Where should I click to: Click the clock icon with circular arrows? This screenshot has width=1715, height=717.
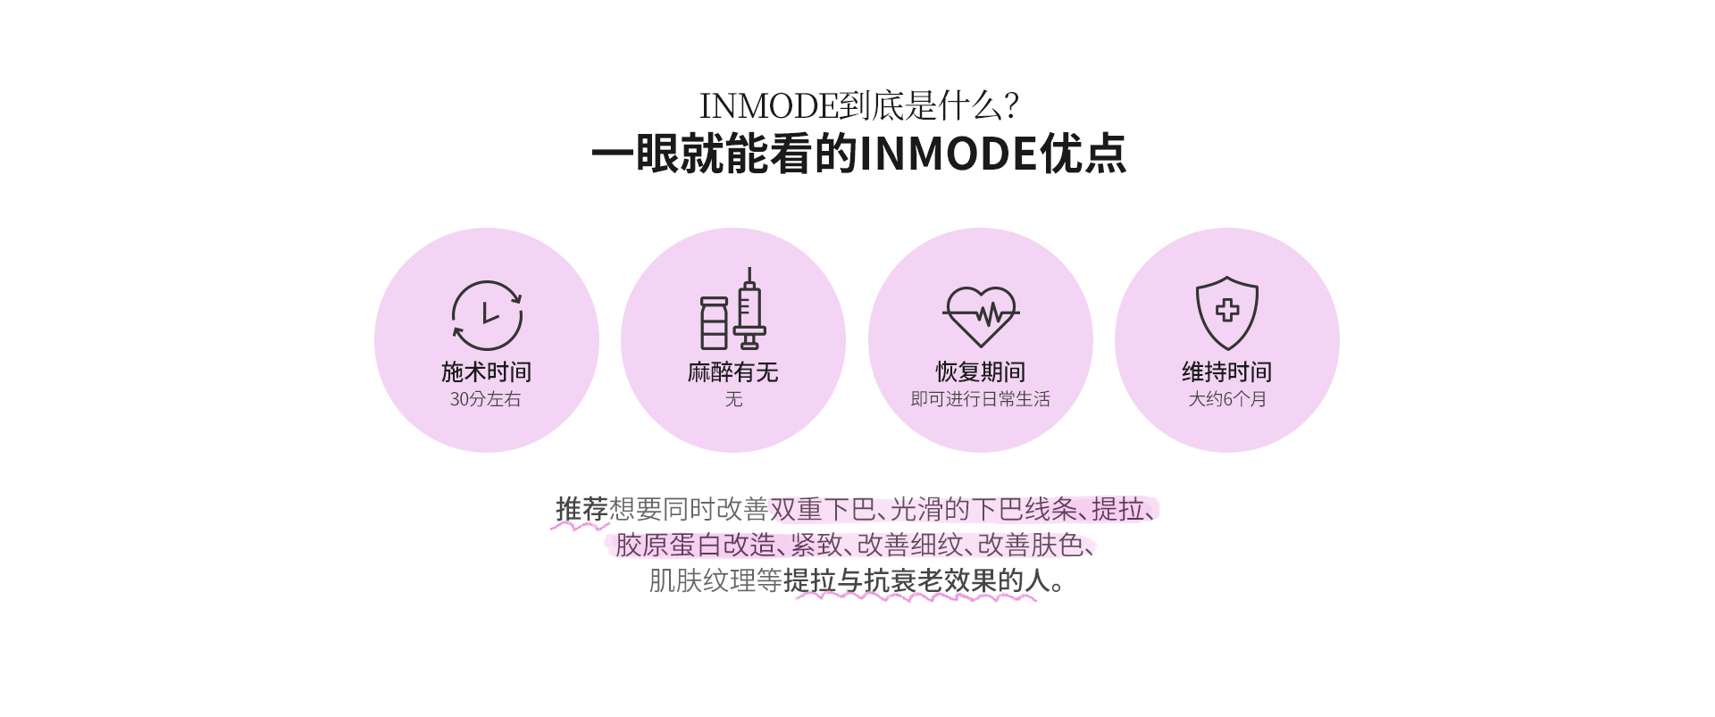point(487,315)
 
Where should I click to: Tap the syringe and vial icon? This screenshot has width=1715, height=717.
point(733,309)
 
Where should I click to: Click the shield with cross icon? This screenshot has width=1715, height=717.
point(1227,313)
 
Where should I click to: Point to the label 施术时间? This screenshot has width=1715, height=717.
point(487,371)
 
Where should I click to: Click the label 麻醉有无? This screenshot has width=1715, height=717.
point(733,371)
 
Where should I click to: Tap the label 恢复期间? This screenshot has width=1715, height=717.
point(981,371)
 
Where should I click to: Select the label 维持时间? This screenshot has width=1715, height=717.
point(1227,371)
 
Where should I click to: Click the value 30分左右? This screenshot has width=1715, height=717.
point(486,399)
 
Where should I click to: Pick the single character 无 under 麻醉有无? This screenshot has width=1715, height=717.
point(733,399)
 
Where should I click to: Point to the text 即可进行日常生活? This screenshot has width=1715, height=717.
point(981,399)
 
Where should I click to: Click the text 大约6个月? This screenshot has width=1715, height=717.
point(1227,399)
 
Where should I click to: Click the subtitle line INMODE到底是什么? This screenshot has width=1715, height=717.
point(859,105)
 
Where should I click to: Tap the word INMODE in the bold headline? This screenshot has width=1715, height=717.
point(949,154)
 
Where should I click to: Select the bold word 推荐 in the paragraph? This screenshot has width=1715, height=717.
point(581,509)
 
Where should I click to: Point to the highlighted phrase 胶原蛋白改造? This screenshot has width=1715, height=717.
point(696,545)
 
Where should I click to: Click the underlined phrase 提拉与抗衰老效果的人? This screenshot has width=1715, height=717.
point(916,580)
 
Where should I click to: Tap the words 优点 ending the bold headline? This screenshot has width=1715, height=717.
point(1083,154)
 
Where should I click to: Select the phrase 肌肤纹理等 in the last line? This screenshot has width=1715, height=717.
point(715,580)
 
